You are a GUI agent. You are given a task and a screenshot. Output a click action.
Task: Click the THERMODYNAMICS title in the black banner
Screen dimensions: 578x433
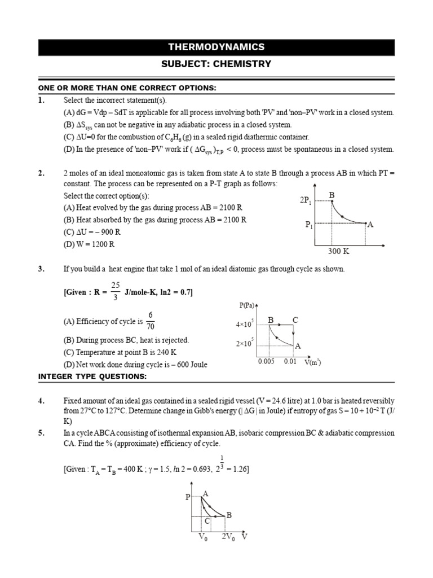[x=216, y=47]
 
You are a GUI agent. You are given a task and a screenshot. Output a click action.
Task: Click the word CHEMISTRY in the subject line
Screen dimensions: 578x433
[x=242, y=64]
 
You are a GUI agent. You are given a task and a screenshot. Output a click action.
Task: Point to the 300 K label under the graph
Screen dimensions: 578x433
[x=339, y=251]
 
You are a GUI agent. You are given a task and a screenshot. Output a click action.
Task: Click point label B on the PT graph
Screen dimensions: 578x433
[x=332, y=195]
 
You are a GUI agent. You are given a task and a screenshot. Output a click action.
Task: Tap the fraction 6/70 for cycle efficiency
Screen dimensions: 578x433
[x=151, y=321]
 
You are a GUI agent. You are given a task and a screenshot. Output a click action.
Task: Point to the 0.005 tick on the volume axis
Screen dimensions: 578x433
[x=266, y=361]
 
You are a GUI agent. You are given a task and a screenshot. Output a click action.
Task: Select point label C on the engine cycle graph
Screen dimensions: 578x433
[x=294, y=321]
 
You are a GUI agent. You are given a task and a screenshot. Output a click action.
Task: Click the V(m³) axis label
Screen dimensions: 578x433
[x=313, y=362]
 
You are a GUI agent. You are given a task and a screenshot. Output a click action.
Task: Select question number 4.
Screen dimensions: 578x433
[x=41, y=401]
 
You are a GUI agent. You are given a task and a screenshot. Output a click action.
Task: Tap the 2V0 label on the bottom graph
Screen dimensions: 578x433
[x=228, y=537]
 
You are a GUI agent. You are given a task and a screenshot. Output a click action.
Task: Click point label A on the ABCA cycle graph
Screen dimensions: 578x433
[x=206, y=493]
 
